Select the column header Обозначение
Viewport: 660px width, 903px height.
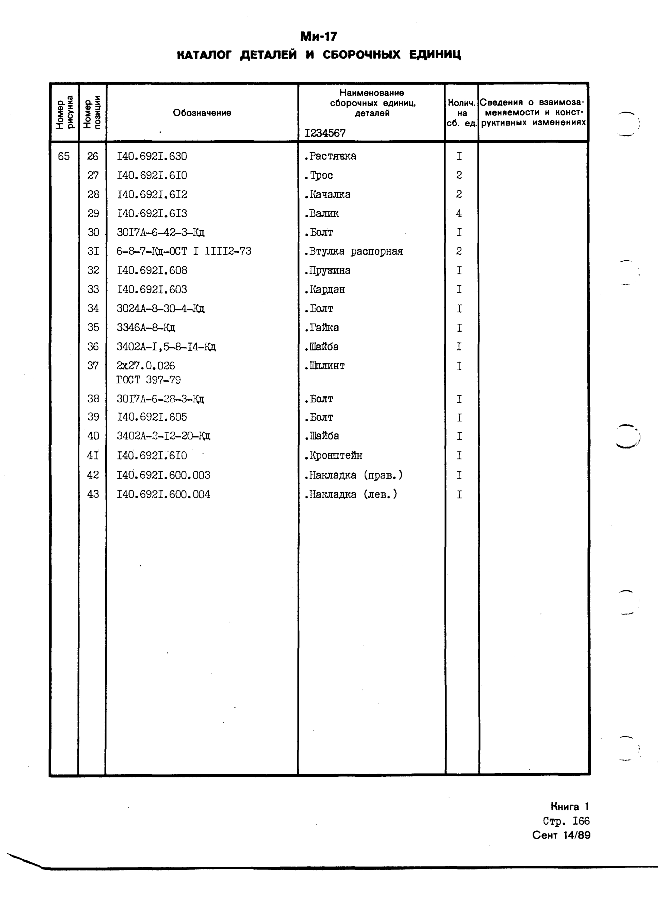coord(202,113)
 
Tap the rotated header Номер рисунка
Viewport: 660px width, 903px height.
coord(64,113)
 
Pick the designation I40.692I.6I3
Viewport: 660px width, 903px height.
coord(152,214)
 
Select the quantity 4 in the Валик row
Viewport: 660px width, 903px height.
coord(459,214)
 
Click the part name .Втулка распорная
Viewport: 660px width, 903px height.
coord(354,251)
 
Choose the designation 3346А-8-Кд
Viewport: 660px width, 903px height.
coord(146,328)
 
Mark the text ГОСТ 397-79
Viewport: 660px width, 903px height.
coord(148,380)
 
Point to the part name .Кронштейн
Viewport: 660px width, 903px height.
coord(333,455)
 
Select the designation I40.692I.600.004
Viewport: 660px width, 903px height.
coord(163,495)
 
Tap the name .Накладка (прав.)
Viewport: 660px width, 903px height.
coord(354,475)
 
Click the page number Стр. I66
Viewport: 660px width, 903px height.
coord(566,821)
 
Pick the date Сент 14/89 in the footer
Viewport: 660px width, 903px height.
coord(561,835)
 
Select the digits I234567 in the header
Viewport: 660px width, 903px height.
coord(325,133)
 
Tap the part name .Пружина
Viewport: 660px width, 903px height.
coord(327,271)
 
